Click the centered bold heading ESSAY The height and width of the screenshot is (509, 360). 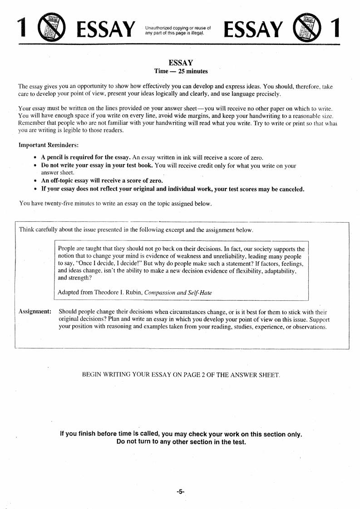tap(181, 63)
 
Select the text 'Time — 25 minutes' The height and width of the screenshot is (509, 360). tap(181, 71)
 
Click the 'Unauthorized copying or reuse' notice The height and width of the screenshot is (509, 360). tap(178, 30)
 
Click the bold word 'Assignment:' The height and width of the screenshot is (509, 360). tap(35, 312)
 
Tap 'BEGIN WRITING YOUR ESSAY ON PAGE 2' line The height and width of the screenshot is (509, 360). tap(181, 375)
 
